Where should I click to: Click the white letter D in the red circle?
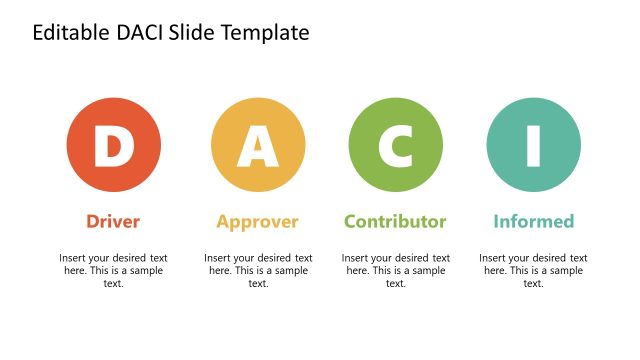pos(113,147)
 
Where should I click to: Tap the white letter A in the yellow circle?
pos(258,147)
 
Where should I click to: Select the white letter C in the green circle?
pos(396,147)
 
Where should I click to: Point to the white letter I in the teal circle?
pos(533,147)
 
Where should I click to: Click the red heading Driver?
pos(113,221)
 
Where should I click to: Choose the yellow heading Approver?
pos(258,221)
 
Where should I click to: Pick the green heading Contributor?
pos(395,221)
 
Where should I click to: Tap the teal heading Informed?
pos(533,221)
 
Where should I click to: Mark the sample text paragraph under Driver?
pos(113,270)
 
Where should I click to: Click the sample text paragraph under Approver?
pos(258,270)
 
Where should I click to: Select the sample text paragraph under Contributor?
pos(396,270)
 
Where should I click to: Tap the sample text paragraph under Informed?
pos(533,270)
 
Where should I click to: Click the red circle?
pos(80,125)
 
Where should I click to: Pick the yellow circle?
pos(226,124)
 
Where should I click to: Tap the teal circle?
pos(501,124)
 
